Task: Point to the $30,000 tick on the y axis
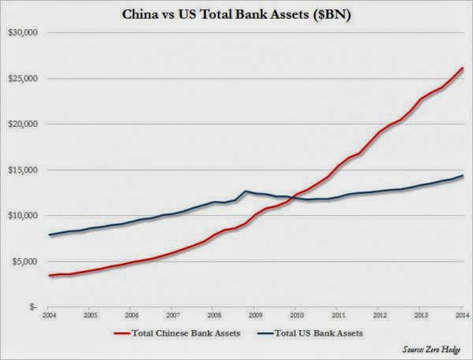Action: pos(23,32)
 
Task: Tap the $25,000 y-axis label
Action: pos(23,79)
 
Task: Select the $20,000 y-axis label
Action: pos(23,124)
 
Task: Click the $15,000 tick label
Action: pos(23,170)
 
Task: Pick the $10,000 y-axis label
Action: pos(23,216)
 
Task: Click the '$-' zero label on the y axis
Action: pos(32,307)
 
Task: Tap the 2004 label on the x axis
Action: pos(49,315)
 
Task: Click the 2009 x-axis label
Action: pos(255,315)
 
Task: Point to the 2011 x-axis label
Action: pos(338,315)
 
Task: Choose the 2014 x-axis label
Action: pos(463,315)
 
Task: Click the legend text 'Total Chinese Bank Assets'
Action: pos(186,333)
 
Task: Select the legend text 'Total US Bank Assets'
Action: pos(318,333)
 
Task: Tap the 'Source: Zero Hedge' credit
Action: pos(431,350)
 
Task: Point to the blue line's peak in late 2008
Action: pos(245,191)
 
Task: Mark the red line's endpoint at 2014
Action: pos(463,69)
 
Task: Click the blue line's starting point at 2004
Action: pos(49,235)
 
